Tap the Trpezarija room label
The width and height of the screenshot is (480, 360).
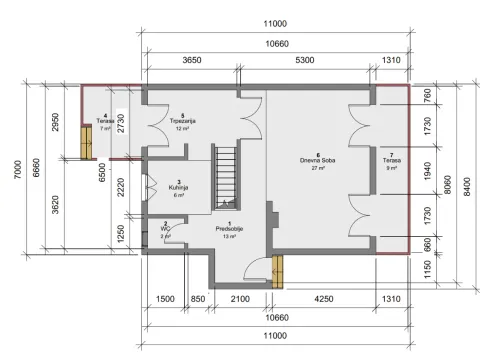(182, 122)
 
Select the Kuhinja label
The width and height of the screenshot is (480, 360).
(179, 188)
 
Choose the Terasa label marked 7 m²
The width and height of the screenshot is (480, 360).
(105, 122)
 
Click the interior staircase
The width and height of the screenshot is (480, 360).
(228, 175)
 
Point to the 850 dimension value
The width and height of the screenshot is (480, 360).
(199, 299)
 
